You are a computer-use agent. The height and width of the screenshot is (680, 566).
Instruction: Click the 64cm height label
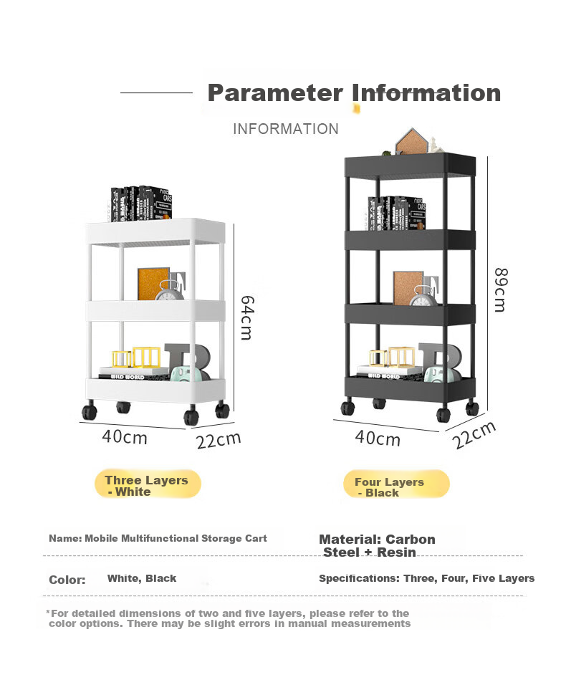click(247, 317)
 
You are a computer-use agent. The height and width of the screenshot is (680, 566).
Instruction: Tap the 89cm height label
click(501, 289)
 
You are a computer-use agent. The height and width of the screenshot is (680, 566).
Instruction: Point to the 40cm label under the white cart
click(125, 436)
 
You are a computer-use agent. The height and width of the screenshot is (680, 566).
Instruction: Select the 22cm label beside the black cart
click(474, 435)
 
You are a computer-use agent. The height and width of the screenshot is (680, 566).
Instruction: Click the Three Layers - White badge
click(148, 484)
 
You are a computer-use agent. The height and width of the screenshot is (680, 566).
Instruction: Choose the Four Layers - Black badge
click(396, 484)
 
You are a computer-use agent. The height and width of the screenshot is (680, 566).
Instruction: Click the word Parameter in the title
click(275, 93)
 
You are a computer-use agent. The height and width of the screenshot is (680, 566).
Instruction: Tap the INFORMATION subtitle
click(285, 129)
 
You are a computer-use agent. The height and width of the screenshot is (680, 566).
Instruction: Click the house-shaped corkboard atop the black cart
click(411, 141)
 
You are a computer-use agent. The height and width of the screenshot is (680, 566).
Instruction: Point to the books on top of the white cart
click(141, 203)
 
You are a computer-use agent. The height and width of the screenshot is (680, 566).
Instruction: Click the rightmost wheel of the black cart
click(472, 408)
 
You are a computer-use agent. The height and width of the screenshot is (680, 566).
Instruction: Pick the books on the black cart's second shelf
click(396, 214)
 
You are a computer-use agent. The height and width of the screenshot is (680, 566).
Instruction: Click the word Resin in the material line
click(396, 552)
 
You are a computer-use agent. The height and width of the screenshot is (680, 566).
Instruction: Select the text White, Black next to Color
click(142, 578)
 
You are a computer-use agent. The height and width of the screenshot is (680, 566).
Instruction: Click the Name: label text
click(65, 539)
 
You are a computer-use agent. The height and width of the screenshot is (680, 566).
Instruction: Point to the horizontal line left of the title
click(157, 92)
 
